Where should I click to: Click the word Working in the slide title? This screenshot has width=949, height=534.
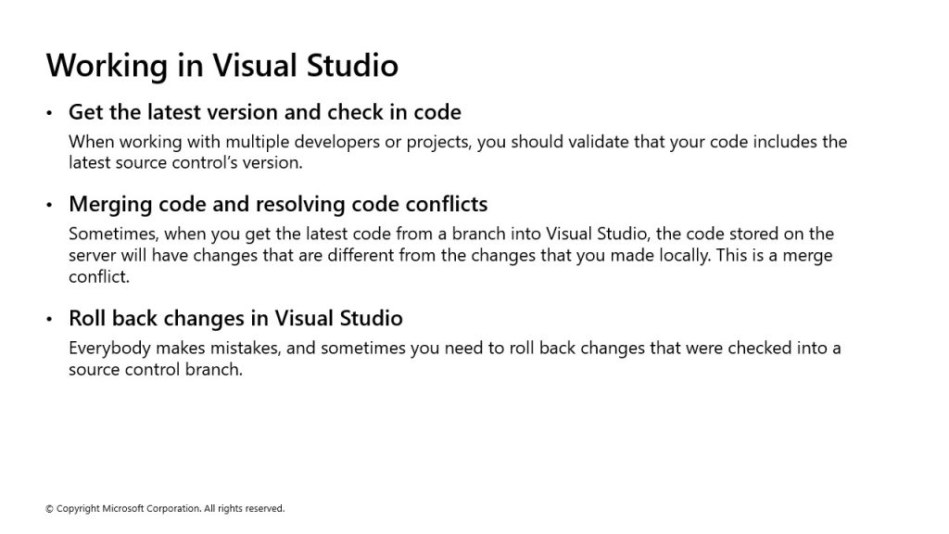click(107, 66)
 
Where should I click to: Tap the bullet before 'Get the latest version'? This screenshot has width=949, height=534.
click(49, 112)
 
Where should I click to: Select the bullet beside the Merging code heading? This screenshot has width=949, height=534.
click(49, 205)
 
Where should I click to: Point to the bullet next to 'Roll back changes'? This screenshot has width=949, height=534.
click(49, 319)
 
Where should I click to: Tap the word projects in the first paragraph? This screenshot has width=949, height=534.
click(438, 143)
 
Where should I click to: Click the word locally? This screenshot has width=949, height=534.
click(682, 256)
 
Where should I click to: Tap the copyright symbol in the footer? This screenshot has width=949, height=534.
click(49, 509)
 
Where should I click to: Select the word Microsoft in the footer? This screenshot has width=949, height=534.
click(121, 509)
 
